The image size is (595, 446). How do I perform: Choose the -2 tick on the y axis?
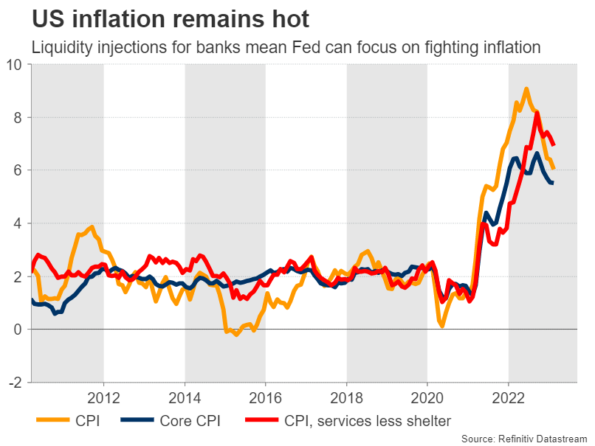click(16, 383)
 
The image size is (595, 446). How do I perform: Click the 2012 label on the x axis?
click(103, 396)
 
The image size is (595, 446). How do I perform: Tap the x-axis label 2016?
click(265, 396)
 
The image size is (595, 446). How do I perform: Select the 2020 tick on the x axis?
click(427, 396)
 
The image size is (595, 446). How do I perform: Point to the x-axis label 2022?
click(508, 396)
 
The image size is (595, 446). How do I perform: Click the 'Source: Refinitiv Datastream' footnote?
click(524, 438)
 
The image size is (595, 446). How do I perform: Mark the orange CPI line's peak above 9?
click(526, 89)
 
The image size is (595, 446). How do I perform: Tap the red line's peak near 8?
click(537, 113)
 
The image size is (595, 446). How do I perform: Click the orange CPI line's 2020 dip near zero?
click(442, 325)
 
